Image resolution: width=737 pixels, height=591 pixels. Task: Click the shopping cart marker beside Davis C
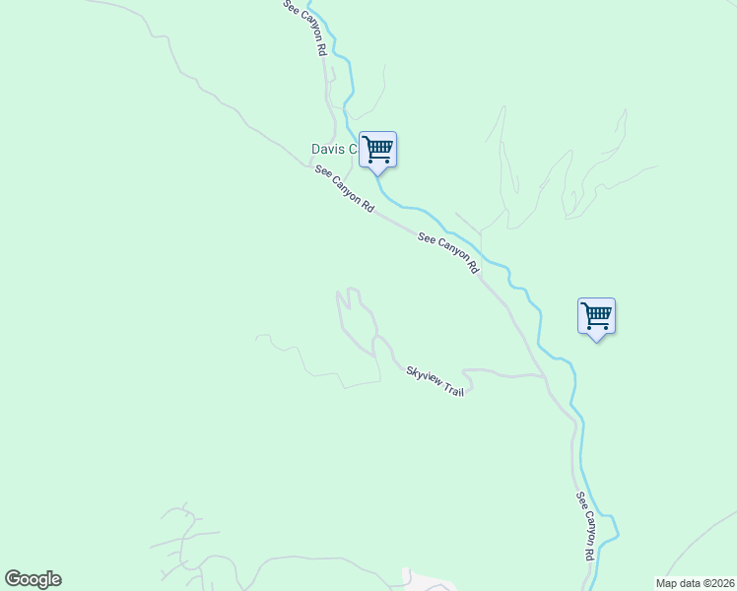pos(377,150)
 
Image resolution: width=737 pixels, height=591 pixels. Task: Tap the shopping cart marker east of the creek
pos(596,316)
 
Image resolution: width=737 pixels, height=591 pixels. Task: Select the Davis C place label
pos(333,149)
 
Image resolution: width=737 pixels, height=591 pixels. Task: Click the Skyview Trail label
pos(435,380)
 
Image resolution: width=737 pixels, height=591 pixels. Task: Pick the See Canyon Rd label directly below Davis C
pos(344,189)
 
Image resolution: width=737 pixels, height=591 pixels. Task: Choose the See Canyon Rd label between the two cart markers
pos(448,252)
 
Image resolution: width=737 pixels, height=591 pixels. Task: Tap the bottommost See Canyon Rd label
pos(585,526)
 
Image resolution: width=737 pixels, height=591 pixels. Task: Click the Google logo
pos(33,579)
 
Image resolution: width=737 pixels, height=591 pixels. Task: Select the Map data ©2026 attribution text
pos(696,583)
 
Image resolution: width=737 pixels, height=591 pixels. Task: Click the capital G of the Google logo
pos(12,579)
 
